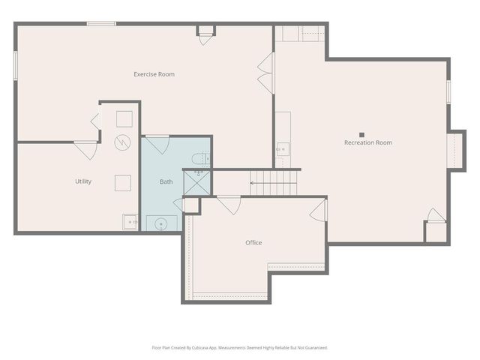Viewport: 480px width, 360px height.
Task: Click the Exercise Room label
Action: tap(154, 74)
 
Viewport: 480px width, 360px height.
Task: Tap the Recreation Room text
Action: tap(367, 142)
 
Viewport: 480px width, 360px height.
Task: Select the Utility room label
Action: tap(83, 181)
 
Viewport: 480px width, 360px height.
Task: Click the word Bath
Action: tap(166, 181)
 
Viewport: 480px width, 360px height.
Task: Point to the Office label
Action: tap(253, 242)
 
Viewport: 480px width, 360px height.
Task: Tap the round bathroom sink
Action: tap(160, 223)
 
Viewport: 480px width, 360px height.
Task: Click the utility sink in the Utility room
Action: tap(130, 222)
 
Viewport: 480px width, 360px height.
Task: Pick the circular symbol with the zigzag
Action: tap(122, 141)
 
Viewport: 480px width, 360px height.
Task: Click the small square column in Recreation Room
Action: tap(361, 135)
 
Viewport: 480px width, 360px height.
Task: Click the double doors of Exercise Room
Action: tap(265, 73)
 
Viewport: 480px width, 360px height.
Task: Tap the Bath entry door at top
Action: tap(157, 143)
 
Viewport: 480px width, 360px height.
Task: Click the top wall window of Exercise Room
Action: tap(101, 24)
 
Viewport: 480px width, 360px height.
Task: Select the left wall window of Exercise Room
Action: tap(15, 63)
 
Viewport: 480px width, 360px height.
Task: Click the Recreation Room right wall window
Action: tap(448, 91)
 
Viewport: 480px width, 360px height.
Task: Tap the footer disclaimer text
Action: tap(239, 347)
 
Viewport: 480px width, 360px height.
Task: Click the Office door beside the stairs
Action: tap(229, 204)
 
